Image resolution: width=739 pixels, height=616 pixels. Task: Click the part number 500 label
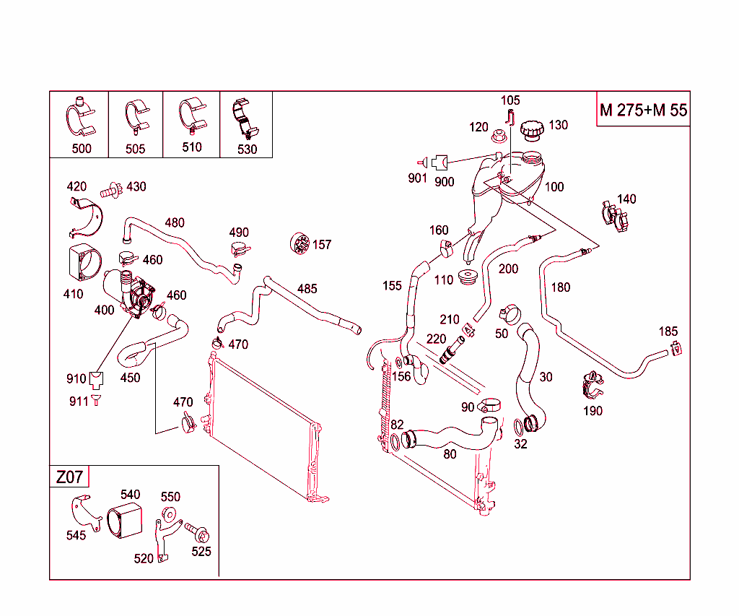coord(82,149)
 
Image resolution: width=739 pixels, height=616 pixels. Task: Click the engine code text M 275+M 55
coord(643,110)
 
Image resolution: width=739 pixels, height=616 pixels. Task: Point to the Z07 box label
coord(69,477)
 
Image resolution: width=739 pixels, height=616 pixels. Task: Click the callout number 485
coord(307,289)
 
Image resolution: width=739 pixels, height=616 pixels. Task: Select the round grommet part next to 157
coord(299,243)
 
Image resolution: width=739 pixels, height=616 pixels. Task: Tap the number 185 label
coord(668,331)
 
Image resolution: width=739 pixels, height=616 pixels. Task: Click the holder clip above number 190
coord(593,385)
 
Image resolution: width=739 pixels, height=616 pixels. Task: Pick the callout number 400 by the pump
coord(104,310)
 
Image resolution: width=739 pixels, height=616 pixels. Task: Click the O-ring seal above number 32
coord(520,428)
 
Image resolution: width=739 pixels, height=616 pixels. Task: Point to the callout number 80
coord(450,454)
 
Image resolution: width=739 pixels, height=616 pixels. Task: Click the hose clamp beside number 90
coord(489,406)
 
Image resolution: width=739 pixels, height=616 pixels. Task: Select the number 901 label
coord(417,178)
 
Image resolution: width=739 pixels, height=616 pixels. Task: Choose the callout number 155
coord(392,286)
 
